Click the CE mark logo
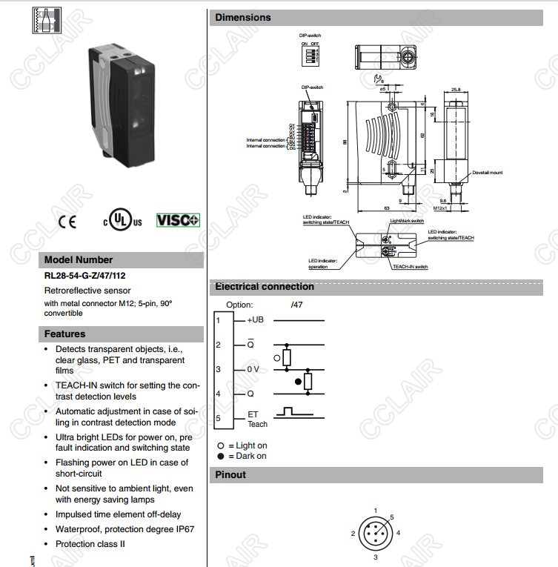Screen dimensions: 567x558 point(67,222)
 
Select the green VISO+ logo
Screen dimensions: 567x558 point(178,220)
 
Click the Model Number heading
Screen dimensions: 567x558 point(79,260)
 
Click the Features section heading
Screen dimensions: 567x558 point(64,334)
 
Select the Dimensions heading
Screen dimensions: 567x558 point(243,17)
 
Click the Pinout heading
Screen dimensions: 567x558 point(230,475)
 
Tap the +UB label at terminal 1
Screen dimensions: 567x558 point(253,319)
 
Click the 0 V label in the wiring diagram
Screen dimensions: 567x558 point(253,369)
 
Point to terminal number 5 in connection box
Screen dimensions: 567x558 point(219,419)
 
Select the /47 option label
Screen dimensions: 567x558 point(298,305)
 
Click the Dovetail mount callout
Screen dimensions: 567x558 point(487,172)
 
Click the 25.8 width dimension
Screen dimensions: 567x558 point(456,90)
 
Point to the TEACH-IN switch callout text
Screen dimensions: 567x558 point(410,266)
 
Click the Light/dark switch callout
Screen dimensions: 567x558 point(407,221)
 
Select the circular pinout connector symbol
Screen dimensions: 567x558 point(375,533)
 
